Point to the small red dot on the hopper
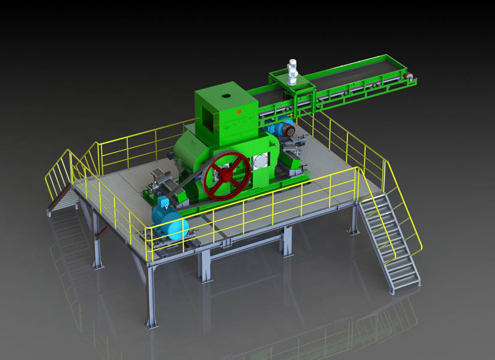coord(239,110)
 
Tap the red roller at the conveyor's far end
coord(412,77)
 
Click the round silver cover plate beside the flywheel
coord(259,161)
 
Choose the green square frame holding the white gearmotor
coord(292,84)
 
